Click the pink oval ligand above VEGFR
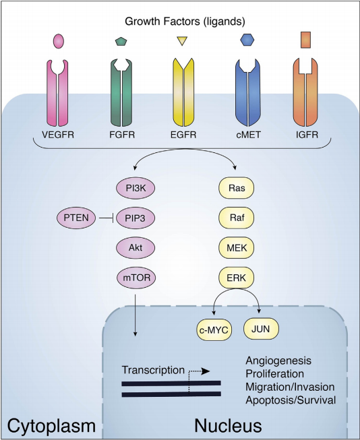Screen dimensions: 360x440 pyautogui.click(x=59, y=41)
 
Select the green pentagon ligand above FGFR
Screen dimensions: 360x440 pyautogui.click(x=121, y=41)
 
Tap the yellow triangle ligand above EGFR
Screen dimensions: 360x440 pyautogui.click(x=182, y=40)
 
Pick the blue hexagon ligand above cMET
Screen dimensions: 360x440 pyautogui.click(x=247, y=40)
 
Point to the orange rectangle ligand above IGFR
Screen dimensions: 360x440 pyautogui.click(x=305, y=40)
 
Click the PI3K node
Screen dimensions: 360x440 pyautogui.click(x=136, y=188)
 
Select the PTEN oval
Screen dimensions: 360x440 pyautogui.click(x=76, y=218)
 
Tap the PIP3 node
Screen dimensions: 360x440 pyautogui.click(x=136, y=218)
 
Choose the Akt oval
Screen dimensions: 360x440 pyautogui.click(x=136, y=248)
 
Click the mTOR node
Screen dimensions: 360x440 pyautogui.click(x=136, y=278)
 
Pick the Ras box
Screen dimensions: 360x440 pyautogui.click(x=237, y=188)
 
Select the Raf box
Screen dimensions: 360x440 pyautogui.click(x=237, y=218)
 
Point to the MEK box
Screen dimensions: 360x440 pyautogui.click(x=237, y=248)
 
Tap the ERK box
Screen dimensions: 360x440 pyautogui.click(x=237, y=278)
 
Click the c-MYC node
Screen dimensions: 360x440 pyautogui.click(x=214, y=330)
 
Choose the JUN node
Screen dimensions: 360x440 pyautogui.click(x=261, y=329)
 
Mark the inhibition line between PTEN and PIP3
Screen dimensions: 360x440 pyautogui.click(x=106, y=218)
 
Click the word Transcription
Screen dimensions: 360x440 pyautogui.click(x=153, y=370)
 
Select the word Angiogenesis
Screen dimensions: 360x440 pyautogui.click(x=278, y=361)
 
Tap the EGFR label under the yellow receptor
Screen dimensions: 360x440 pyautogui.click(x=183, y=135)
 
